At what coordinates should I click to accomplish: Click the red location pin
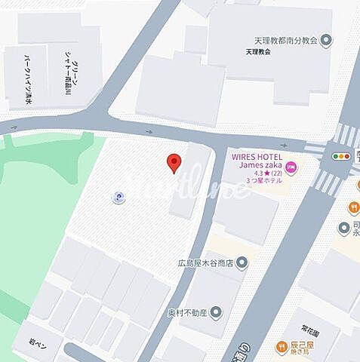pyautogui.click(x=174, y=162)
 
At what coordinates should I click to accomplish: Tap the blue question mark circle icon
pyautogui.click(x=118, y=198)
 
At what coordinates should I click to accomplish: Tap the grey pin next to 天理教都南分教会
pyautogui.click(x=326, y=39)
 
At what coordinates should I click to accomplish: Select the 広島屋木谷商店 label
pyautogui.click(x=202, y=263)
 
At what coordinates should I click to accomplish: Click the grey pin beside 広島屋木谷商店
pyautogui.click(x=242, y=263)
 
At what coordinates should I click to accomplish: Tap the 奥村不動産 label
pyautogui.click(x=186, y=311)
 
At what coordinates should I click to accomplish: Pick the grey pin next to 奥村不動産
pyautogui.click(x=217, y=311)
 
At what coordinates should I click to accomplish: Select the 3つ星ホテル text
pyautogui.click(x=263, y=181)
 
